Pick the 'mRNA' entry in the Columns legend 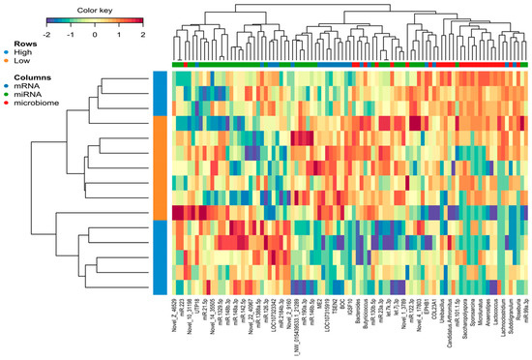(27, 86)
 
